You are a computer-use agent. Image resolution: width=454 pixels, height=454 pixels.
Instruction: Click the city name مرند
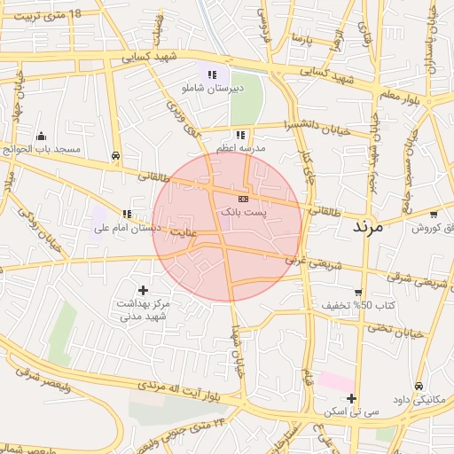(x=366, y=227)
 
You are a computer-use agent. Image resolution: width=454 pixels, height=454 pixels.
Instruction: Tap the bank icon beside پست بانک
(x=243, y=199)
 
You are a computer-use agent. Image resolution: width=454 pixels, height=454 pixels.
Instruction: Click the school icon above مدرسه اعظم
(x=240, y=135)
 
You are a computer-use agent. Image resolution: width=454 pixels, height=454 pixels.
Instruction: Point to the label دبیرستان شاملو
(x=211, y=90)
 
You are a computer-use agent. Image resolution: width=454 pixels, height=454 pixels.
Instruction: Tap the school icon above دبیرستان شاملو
(x=211, y=75)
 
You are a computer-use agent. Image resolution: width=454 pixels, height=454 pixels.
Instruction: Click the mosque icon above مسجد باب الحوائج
(x=41, y=136)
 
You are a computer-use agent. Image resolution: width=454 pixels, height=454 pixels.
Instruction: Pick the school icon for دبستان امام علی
(x=128, y=214)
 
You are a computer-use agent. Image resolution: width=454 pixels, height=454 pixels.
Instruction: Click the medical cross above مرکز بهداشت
(x=144, y=290)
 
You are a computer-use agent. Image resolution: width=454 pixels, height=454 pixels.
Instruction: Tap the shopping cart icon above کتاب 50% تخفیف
(x=358, y=292)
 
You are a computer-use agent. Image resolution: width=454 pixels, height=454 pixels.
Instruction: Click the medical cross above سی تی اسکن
(x=352, y=398)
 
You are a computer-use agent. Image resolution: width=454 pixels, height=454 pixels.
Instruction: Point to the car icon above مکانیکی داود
(x=419, y=387)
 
